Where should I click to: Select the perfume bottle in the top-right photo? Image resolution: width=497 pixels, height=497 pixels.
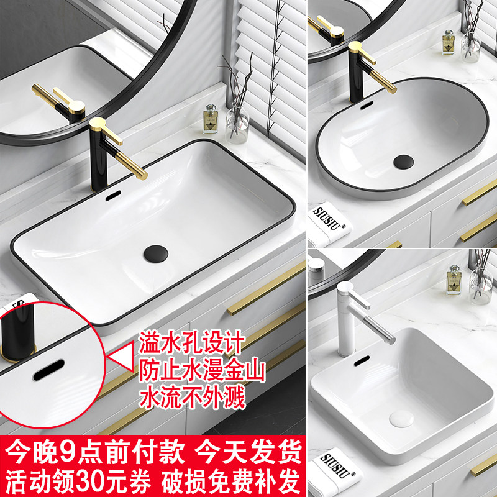pos(448,42)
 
